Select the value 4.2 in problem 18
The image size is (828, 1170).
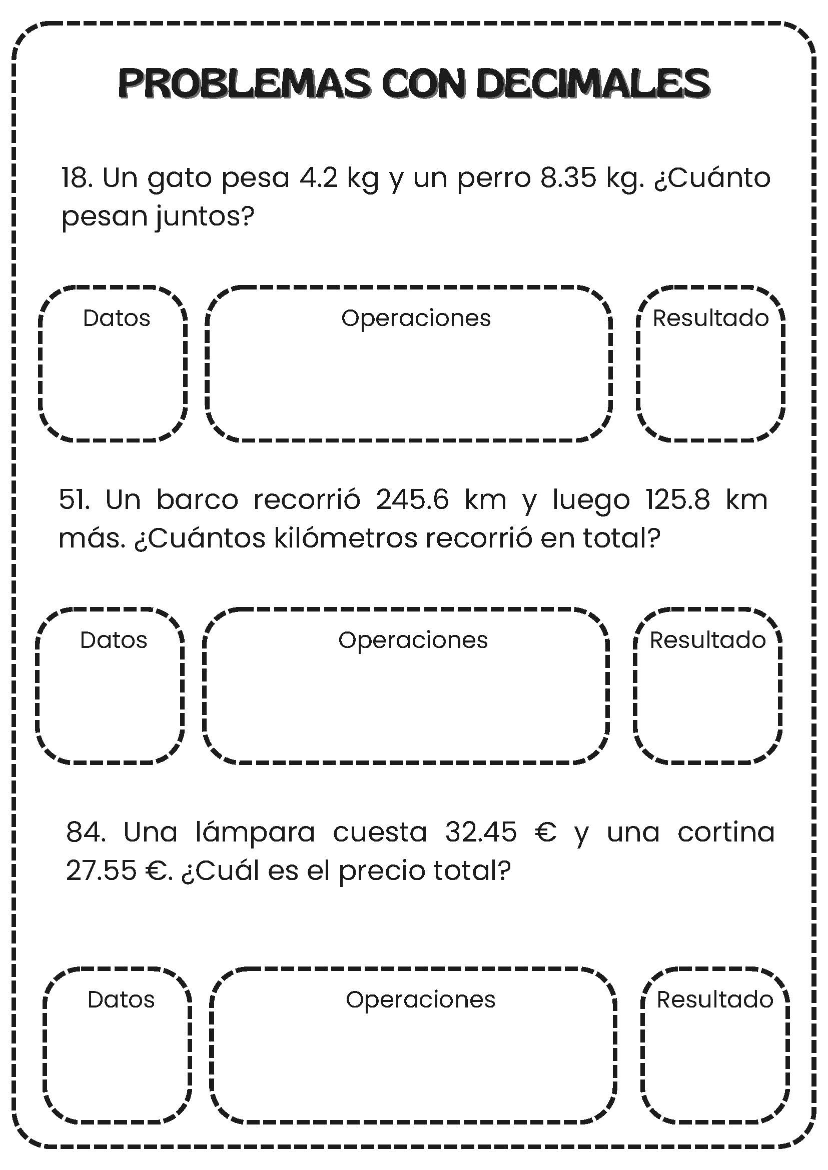click(x=319, y=178)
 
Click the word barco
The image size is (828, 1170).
click(x=197, y=500)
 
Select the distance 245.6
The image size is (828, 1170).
click(x=412, y=500)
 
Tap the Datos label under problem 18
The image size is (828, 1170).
click(x=116, y=318)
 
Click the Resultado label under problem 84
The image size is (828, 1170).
click(x=714, y=1000)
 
